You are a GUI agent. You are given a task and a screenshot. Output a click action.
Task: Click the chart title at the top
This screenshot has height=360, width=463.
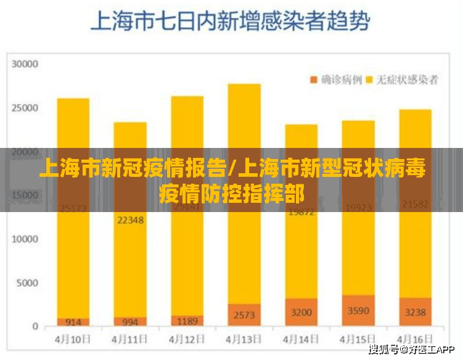click(230, 22)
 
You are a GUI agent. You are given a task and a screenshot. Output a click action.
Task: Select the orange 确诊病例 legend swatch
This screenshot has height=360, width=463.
click(314, 80)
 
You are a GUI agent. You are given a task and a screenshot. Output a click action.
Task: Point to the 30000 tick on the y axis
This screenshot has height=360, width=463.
click(26, 63)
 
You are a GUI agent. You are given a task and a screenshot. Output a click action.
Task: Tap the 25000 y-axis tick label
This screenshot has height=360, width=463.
click(26, 108)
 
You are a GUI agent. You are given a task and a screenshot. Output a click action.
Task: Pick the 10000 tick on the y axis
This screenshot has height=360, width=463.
click(26, 239)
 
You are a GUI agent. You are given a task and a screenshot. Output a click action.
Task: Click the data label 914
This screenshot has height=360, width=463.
click(73, 322)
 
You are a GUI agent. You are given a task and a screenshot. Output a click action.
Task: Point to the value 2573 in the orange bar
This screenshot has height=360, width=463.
click(244, 315)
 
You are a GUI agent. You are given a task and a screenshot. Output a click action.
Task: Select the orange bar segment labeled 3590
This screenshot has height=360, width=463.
click(358, 311)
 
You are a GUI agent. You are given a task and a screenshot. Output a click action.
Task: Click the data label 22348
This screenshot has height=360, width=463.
click(130, 219)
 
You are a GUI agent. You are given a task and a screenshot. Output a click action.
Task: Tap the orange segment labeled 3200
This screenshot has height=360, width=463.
click(301, 312)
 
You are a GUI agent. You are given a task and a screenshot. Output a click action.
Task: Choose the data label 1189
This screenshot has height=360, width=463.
click(187, 321)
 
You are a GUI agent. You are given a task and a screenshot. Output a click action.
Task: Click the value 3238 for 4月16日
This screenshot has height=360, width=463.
click(415, 312)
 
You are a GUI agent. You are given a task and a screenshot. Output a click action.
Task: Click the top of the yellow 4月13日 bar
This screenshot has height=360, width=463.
click(244, 85)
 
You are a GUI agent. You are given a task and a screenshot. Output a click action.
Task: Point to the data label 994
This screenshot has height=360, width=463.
click(130, 322)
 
